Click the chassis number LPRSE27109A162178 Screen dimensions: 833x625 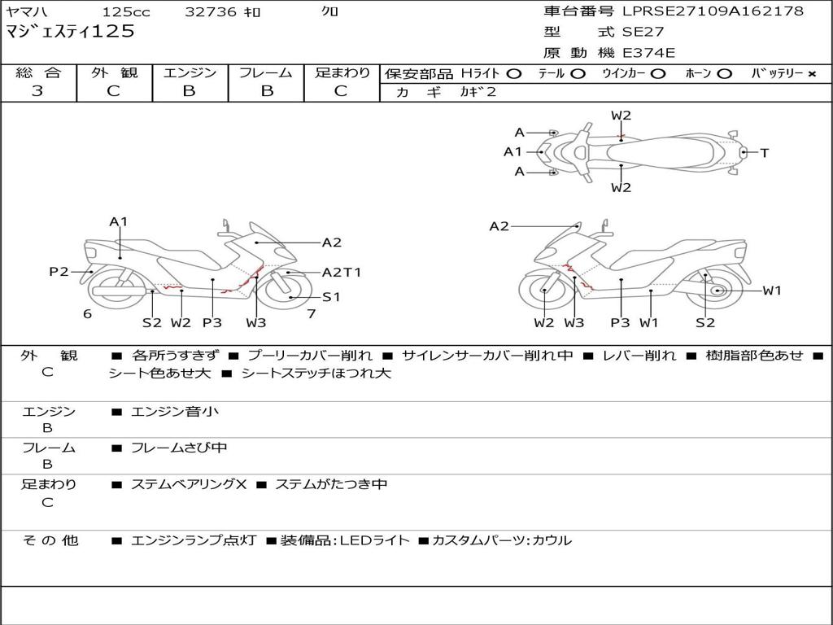pyautogui.click(x=713, y=11)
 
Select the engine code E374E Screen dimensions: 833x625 pyautogui.click(x=648, y=54)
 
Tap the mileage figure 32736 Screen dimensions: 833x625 pyautogui.click(x=211, y=11)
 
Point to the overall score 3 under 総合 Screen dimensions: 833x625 pyautogui.click(x=37, y=91)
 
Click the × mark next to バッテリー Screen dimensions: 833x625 pyautogui.click(x=811, y=73)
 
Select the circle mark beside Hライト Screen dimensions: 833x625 pyautogui.click(x=513, y=73)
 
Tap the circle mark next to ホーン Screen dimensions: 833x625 pyautogui.click(x=725, y=73)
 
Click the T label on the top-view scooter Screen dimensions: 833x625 pyautogui.click(x=764, y=152)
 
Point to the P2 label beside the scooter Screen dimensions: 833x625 pyautogui.click(x=59, y=272)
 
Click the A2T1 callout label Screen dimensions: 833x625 pyautogui.click(x=342, y=273)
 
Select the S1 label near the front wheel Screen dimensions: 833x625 pyautogui.click(x=331, y=297)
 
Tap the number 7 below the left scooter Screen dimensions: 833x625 pyautogui.click(x=311, y=313)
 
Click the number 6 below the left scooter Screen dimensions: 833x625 pyautogui.click(x=87, y=313)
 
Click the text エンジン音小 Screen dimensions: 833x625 pyautogui.click(x=175, y=412)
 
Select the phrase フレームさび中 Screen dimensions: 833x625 pyautogui.click(x=179, y=448)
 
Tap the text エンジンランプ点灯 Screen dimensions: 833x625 pyautogui.click(x=194, y=540)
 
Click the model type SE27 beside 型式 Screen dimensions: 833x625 pyautogui.click(x=643, y=33)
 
